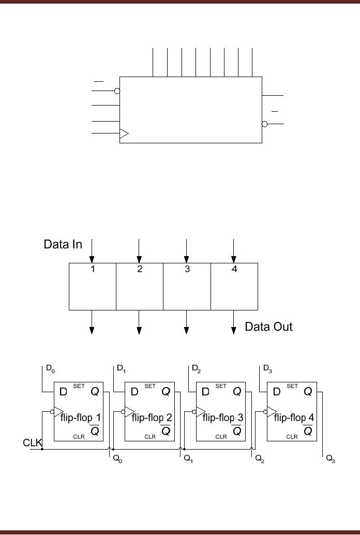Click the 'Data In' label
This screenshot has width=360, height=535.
tap(63, 245)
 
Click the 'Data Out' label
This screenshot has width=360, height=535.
tap(268, 326)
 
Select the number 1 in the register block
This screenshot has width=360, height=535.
tap(93, 269)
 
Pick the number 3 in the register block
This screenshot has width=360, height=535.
tap(187, 269)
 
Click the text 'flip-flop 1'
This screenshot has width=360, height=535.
tap(80, 417)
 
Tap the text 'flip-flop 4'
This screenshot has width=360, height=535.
tap(294, 417)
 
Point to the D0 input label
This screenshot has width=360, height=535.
tap(50, 369)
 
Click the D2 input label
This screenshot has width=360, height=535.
tap(196, 369)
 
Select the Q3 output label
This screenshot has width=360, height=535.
tap(331, 459)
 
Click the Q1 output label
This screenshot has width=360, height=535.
tap(188, 459)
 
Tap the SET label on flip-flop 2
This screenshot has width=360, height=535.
tap(150, 386)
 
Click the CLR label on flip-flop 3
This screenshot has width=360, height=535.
tap(221, 437)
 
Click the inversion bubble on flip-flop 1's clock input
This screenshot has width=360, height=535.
tap(52, 412)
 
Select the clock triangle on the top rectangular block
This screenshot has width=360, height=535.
tap(124, 133)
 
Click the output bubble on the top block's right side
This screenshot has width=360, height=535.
tap(265, 124)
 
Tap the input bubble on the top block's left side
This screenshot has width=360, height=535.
tap(117, 91)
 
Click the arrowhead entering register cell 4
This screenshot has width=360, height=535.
tap(234, 259)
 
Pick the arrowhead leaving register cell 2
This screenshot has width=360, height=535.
tap(139, 331)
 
